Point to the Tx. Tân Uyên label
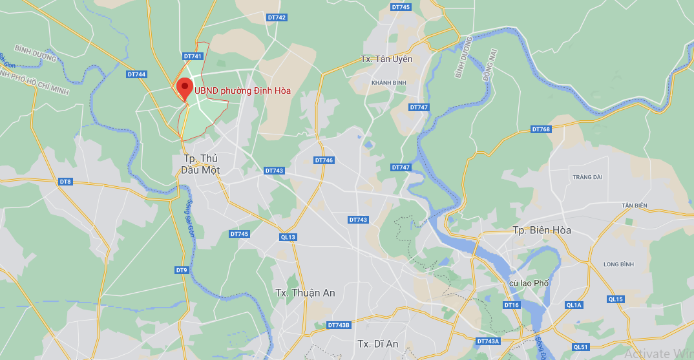pos(386,59)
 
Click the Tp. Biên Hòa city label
pos(542,230)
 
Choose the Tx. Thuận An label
pos(305,293)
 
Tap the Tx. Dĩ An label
pos(378,343)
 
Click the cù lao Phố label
pos(529,283)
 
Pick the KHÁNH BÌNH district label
pos(389,83)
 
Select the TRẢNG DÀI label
pos(587,176)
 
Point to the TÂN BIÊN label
pos(635,206)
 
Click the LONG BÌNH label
pos(618,264)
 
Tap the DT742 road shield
pos(277,17)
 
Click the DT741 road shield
pos(193,56)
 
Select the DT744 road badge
pos(137,74)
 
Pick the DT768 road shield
pos(541,129)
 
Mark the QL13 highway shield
pos(288,237)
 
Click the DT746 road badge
pos(324,160)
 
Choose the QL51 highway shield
pos(581,347)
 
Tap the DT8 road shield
pos(65,182)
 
